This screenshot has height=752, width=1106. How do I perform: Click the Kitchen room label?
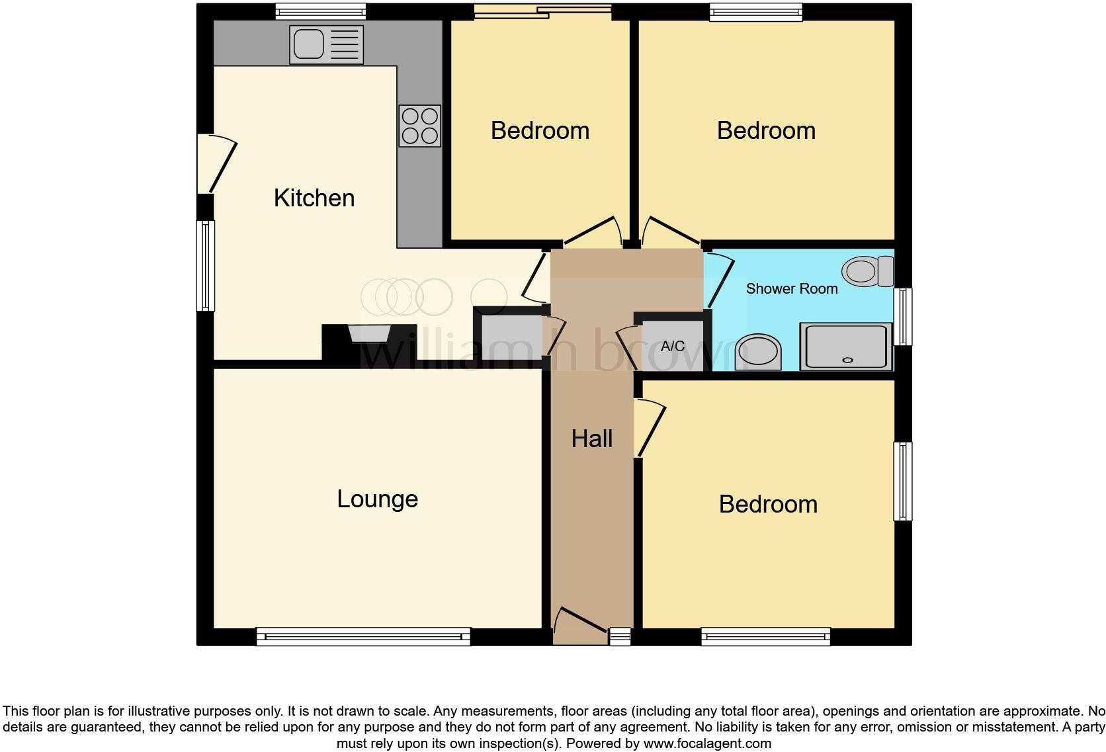tap(314, 198)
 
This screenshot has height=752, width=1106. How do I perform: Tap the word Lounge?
tap(377, 499)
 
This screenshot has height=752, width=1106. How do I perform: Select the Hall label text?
tap(592, 439)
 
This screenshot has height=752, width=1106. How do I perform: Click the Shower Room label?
tap(792, 288)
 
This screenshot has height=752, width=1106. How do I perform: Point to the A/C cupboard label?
tap(673, 346)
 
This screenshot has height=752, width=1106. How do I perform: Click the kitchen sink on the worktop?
tap(326, 45)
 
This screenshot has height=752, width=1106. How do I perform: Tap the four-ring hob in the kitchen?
tap(419, 126)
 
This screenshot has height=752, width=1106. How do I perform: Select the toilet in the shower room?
tap(867, 271)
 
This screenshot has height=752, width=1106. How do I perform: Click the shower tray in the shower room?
tap(846, 347)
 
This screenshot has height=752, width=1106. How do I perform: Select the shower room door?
tap(720, 281)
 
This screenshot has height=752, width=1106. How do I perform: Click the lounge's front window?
tap(363, 637)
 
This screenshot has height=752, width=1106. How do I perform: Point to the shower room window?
tap(903, 316)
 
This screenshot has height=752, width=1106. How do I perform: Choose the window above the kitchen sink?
tap(321, 11)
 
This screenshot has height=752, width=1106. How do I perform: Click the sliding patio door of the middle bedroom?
tap(542, 11)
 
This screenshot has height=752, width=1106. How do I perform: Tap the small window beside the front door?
tap(620, 637)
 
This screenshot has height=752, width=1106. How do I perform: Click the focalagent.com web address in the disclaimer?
tap(707, 743)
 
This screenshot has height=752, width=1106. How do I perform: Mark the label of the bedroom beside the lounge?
tap(768, 504)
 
